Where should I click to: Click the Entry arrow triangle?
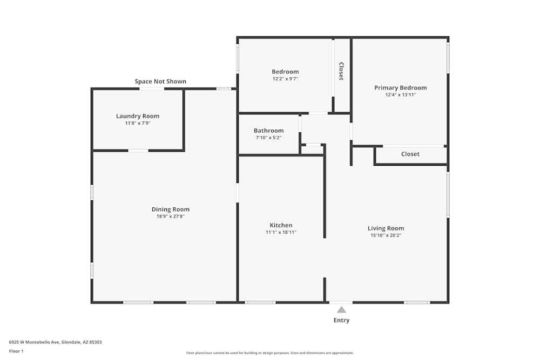coord(341,310)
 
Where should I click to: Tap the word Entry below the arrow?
coord(341,321)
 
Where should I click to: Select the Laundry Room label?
coord(138,116)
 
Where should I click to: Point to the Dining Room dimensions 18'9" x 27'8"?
coord(171,216)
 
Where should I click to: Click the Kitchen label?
coord(281,225)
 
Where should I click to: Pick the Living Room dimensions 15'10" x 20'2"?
coord(386,235)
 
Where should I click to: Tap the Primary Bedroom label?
coord(401,88)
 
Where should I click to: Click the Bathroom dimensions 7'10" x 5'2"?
coord(268,138)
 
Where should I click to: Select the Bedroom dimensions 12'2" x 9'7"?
coord(285,79)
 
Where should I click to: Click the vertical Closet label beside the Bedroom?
coord(341,71)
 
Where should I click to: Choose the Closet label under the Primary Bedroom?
coord(410,154)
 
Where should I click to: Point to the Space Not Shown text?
coord(160,81)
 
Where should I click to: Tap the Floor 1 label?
coord(16,351)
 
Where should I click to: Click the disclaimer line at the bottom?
coord(269,353)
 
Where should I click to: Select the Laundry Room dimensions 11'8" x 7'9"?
coord(138,123)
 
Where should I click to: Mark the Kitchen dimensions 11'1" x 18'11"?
coord(281,232)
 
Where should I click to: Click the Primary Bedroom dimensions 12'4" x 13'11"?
coord(401,95)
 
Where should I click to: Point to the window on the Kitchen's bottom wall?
coord(260,303)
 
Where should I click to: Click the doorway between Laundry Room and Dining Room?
coord(138,151)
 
